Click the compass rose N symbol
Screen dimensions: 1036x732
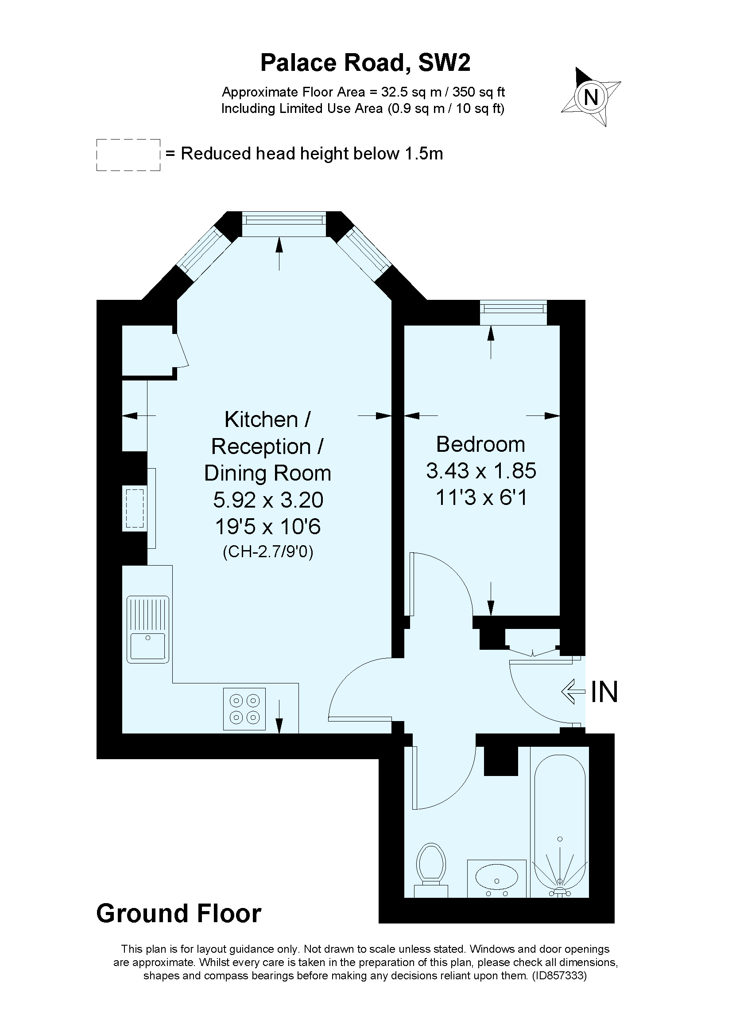tap(590, 97)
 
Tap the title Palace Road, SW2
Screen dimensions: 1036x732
tap(365, 63)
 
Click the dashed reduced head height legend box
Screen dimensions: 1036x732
tap(128, 155)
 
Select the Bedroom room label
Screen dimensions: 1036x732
tap(480, 444)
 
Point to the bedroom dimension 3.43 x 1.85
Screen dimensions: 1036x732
tap(481, 471)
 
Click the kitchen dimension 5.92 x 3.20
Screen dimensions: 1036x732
tap(268, 500)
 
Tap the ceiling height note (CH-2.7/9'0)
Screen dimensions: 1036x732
tap(268, 552)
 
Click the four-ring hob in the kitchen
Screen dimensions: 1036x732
tap(244, 709)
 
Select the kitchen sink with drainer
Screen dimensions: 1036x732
tap(147, 629)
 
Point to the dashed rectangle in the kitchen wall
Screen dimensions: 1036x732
tap(135, 508)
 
